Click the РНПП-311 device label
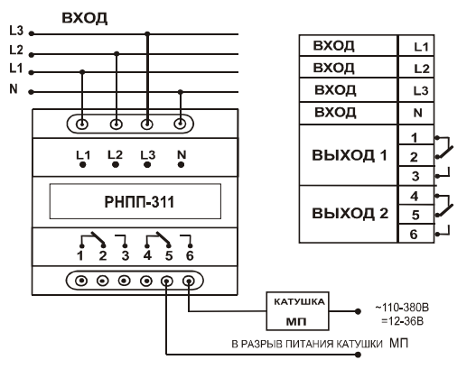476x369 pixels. pos(139,202)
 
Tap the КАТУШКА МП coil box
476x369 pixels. pos(297,311)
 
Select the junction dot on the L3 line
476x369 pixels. pos(147,33)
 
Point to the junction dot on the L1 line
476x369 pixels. pos(82,72)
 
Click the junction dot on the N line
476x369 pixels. pos(181,91)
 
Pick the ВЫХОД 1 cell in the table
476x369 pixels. pos(349,155)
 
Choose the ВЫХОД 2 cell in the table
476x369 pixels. pos(349,214)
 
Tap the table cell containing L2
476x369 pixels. pos(416,67)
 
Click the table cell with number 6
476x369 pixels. pos(416,234)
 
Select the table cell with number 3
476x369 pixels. pos(416,176)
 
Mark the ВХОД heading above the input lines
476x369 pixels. pos(85,18)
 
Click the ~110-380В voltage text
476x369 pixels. pos(402,308)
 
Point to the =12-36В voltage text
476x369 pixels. pos(402,321)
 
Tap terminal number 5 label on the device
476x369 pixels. pos(169,255)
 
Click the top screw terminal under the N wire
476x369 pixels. pos(181,124)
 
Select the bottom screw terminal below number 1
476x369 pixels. pos(81,281)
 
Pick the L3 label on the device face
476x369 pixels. pos(148,155)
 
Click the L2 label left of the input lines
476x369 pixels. pos(16,50)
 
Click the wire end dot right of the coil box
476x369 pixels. pos(359,311)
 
